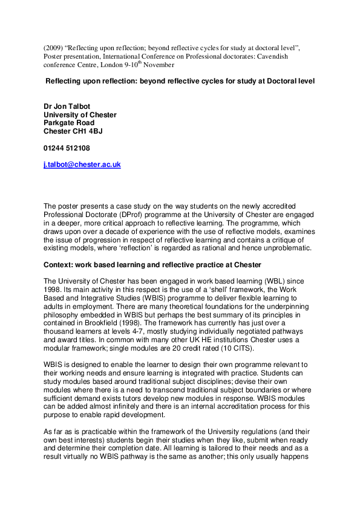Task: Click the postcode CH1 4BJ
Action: [90, 131]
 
